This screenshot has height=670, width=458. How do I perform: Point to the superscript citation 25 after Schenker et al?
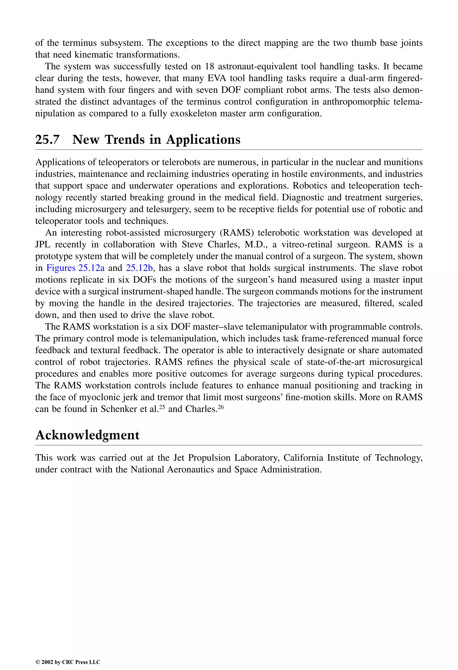coord(162,407)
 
